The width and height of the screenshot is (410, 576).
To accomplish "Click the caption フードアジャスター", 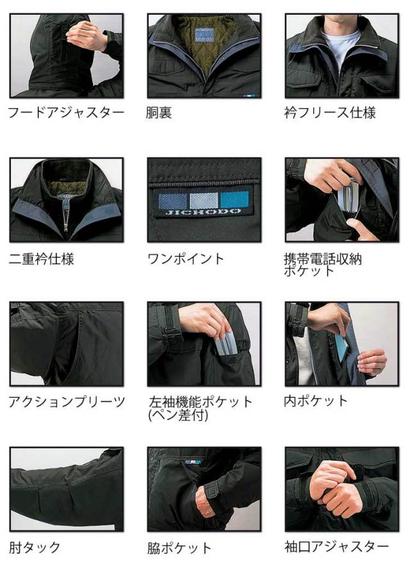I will point(65,113).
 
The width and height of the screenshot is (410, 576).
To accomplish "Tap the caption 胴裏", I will point(160,113).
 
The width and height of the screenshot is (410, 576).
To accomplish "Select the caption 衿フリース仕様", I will point(330,113).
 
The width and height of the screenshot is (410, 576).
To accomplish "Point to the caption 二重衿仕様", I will point(42,259).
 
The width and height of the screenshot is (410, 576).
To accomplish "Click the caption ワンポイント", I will point(186,259).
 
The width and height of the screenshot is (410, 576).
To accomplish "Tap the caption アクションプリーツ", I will point(67,403).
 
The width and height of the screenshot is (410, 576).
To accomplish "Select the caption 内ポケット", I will point(316,401).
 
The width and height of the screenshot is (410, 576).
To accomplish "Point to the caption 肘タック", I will point(35,547).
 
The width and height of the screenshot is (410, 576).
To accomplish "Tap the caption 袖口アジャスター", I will point(336,547).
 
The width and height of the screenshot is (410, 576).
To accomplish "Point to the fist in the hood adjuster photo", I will point(86,35).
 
